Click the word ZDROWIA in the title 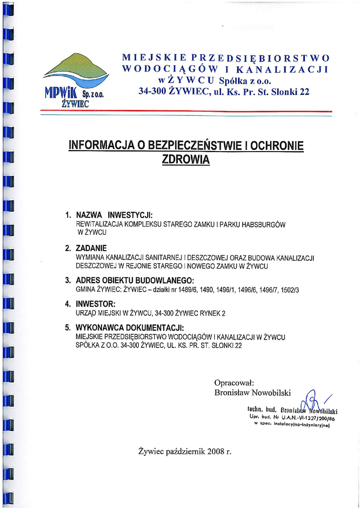(186, 160)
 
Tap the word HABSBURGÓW (263, 225)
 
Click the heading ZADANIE (91, 248)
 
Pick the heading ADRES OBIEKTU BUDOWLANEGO (134, 280)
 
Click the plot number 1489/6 (187, 289)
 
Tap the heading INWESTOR (95, 304)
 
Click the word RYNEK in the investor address (208, 313)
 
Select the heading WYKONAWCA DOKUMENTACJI (130, 328)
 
